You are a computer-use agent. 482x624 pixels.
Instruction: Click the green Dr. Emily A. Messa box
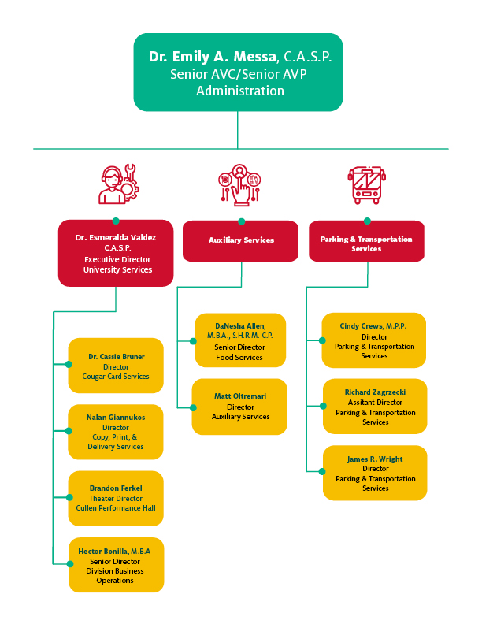pos(238,72)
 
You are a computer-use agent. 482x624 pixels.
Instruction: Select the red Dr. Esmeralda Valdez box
pos(116,253)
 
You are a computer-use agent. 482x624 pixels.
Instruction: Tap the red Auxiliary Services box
pos(241,240)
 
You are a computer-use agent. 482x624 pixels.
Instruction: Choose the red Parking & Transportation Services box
pos(367,241)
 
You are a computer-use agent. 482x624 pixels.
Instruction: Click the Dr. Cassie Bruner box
pos(116,366)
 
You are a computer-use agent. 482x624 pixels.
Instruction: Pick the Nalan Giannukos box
pos(116,432)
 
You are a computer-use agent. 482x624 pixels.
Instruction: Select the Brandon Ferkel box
pos(116,498)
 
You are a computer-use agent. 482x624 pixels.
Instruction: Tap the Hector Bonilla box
pos(116,564)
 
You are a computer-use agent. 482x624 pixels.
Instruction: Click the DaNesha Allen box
pos(240,340)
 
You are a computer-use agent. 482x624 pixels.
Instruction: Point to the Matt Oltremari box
pos(240,407)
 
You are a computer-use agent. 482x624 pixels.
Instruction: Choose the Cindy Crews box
pos(374,340)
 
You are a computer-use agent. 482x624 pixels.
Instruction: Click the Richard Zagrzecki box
pos(374,407)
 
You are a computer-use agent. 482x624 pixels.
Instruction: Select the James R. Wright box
pos(374,473)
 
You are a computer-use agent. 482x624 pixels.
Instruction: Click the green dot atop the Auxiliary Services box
pos(241,221)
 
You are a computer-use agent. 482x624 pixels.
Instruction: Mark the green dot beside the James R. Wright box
pos(322,471)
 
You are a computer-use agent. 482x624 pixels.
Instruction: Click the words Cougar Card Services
pos(116,377)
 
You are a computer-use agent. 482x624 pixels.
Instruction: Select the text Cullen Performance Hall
pos(116,508)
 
